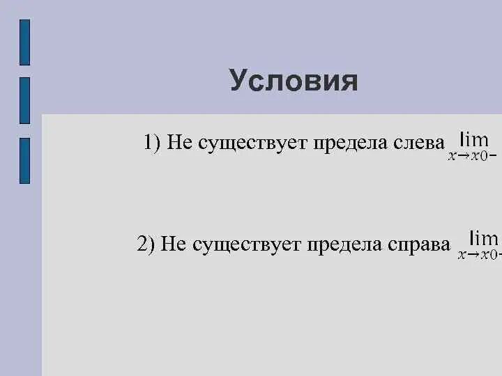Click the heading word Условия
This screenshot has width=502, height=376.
pyautogui.click(x=294, y=81)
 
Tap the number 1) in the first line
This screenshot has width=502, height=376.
pyautogui.click(x=153, y=143)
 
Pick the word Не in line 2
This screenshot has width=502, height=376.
pyautogui.click(x=173, y=244)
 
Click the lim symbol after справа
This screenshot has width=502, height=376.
pyautogui.click(x=483, y=238)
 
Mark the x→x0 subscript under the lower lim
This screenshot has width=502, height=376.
pyautogui.click(x=477, y=255)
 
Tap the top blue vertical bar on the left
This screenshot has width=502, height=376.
pyautogui.click(x=24, y=42)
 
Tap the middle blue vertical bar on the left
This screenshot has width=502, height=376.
pyautogui.click(x=24, y=100)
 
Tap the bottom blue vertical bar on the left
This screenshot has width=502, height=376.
pyautogui.click(x=24, y=160)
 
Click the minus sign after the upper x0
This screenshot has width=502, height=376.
pyautogui.click(x=494, y=156)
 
